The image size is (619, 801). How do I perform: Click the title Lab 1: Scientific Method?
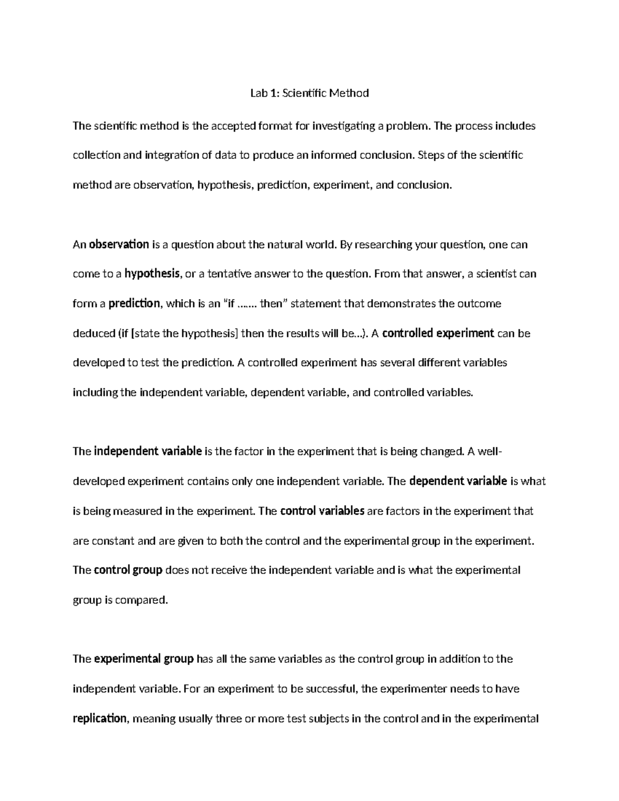click(309, 93)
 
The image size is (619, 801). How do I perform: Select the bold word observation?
click(119, 244)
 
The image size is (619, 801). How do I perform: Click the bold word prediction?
click(134, 303)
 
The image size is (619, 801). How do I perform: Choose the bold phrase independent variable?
click(148, 451)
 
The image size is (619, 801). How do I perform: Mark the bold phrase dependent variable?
click(458, 481)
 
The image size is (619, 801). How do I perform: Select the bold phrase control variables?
click(322, 511)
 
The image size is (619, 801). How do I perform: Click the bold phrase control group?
click(128, 570)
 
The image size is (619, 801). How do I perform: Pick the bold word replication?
click(100, 718)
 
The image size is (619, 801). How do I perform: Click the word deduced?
click(92, 333)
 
